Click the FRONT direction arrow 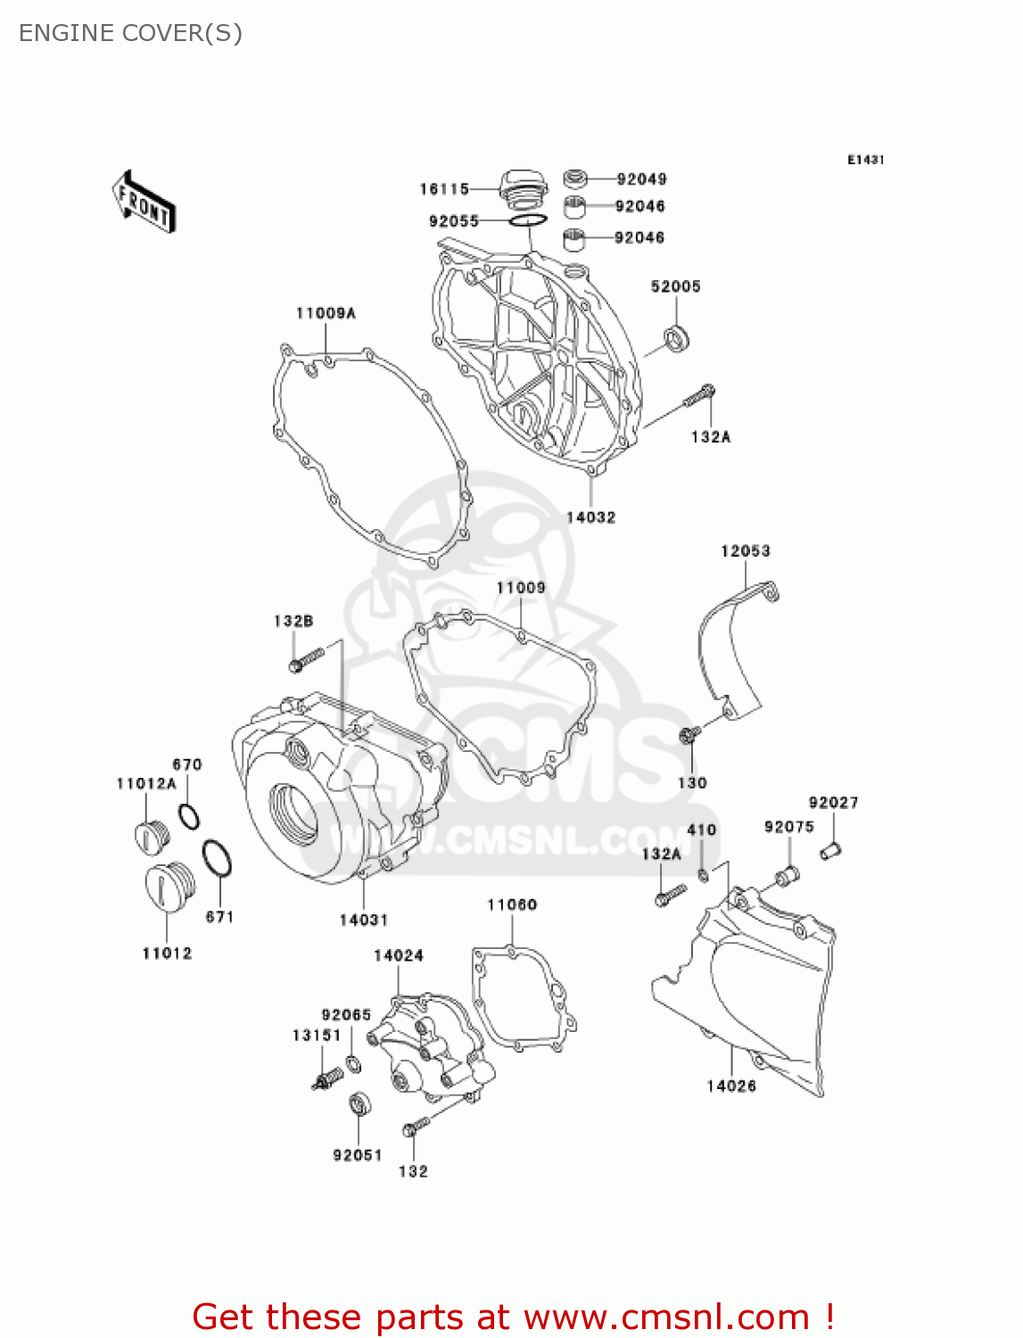[x=143, y=202]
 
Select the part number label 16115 [x=444, y=189]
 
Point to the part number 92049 [x=641, y=179]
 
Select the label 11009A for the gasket [x=326, y=313]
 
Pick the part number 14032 [x=590, y=517]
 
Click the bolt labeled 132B [x=304, y=660]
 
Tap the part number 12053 [x=745, y=551]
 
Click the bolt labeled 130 [x=689, y=734]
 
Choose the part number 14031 [x=363, y=920]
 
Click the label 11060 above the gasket [x=512, y=905]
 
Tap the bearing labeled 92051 [x=359, y=1104]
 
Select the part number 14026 [x=731, y=1086]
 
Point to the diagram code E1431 [x=865, y=160]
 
